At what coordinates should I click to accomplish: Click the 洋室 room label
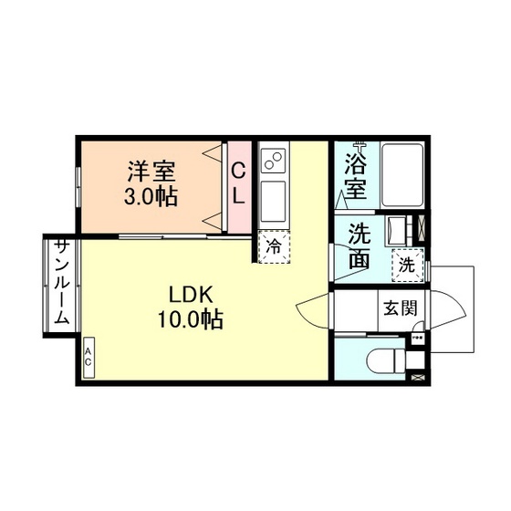click(151, 172)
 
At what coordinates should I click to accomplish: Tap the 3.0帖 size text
click(151, 196)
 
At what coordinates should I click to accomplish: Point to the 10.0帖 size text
click(191, 318)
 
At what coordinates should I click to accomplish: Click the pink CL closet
click(239, 187)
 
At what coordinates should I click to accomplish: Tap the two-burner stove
click(273, 161)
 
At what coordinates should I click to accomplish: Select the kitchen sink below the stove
click(274, 201)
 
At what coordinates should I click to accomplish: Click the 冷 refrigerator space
click(274, 246)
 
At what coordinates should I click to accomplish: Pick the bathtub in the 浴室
click(402, 174)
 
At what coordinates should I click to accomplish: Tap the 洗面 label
click(360, 245)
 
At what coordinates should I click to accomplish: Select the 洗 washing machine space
click(408, 265)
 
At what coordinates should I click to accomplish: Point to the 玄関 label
click(401, 308)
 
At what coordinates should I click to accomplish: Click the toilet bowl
click(385, 360)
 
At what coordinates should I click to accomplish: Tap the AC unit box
click(89, 358)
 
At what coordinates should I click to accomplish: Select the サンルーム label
click(62, 282)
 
